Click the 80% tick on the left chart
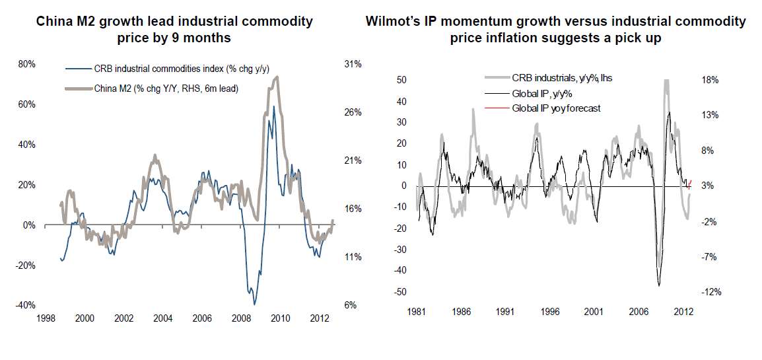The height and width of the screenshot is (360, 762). tap(26, 64)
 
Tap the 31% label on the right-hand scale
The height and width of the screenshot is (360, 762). tap(353, 64)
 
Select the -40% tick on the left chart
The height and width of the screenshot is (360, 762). tap(25, 305)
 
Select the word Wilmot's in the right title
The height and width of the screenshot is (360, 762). tap(394, 22)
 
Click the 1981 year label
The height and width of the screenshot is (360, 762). tap(417, 310)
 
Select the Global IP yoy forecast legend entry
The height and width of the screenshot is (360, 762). tap(556, 108)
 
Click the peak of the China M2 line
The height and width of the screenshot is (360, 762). tap(277, 77)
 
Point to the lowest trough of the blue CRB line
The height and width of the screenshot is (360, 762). tap(254, 304)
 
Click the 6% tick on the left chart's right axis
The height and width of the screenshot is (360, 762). tap(350, 305)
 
